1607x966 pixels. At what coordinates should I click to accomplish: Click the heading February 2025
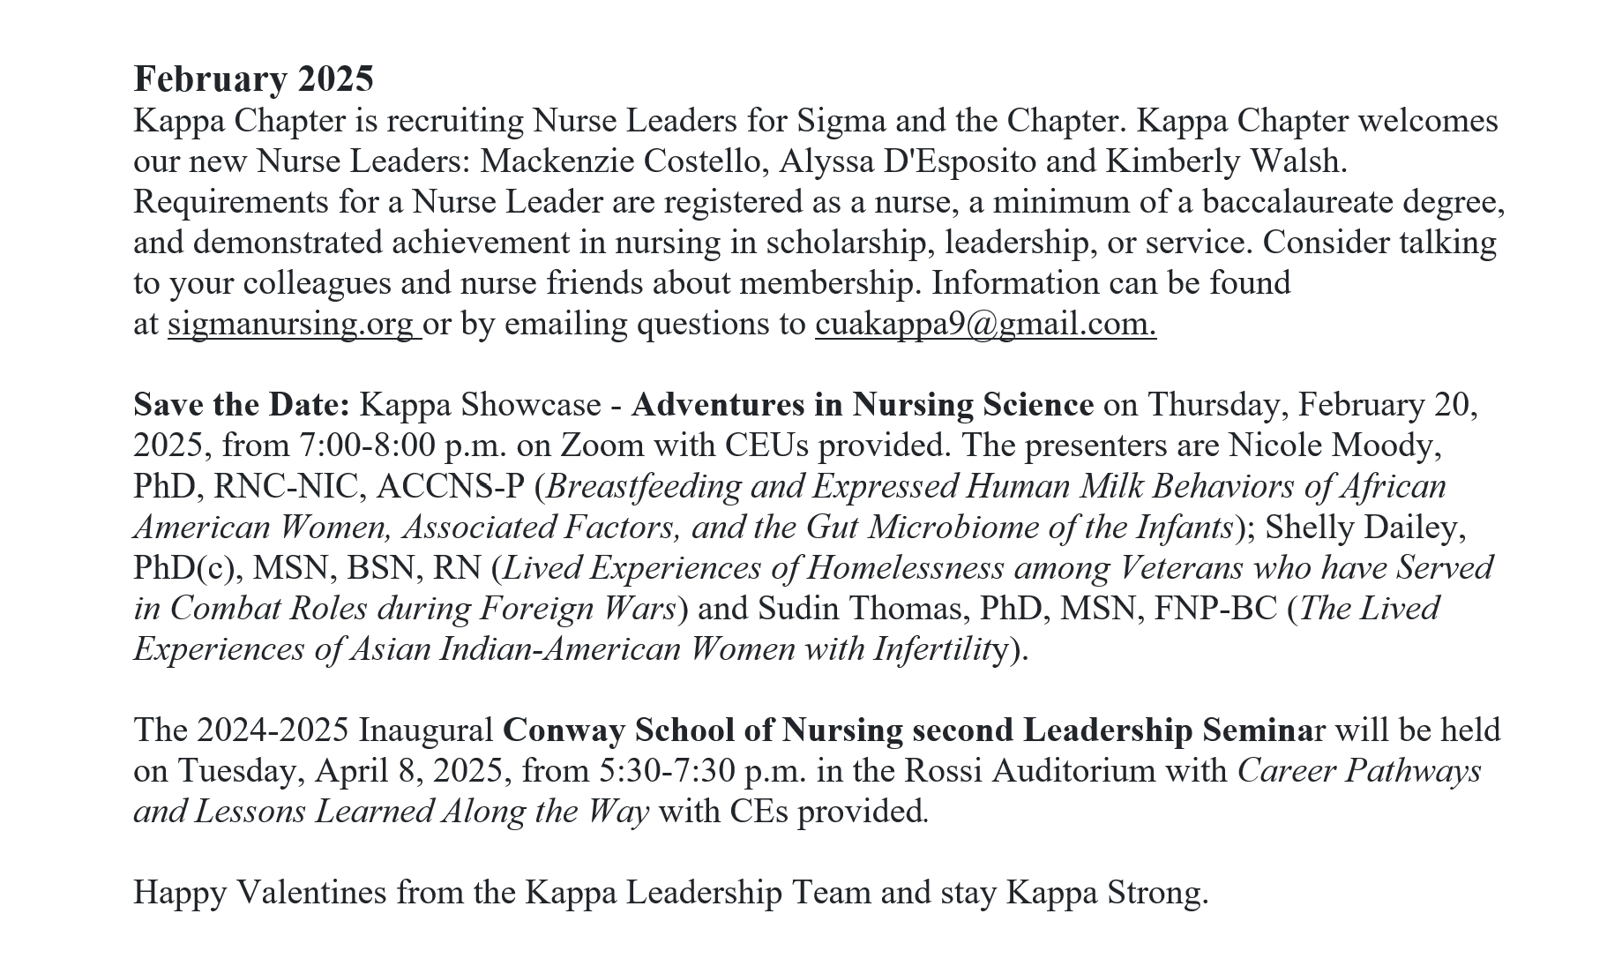253,79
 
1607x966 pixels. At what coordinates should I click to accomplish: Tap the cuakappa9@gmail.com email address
984,324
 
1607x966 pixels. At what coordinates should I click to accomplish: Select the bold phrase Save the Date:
242,405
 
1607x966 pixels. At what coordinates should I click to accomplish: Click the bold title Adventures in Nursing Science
862,405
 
